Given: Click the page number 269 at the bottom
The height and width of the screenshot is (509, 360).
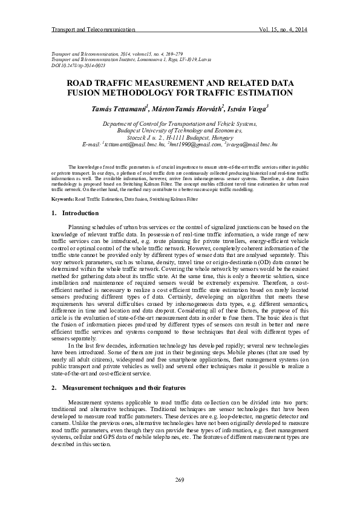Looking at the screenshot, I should tap(180, 480).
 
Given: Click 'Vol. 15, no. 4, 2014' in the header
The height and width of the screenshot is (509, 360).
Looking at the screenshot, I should tap(283, 29).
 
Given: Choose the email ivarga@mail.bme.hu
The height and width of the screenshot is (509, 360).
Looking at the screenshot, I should tap(252, 146).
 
